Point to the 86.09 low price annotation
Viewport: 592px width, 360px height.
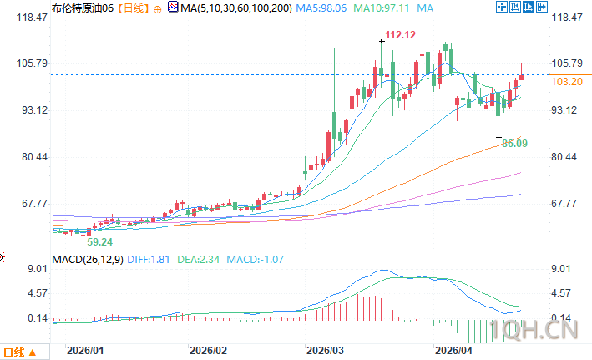click(x=516, y=144)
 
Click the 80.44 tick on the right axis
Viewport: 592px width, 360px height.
click(x=566, y=157)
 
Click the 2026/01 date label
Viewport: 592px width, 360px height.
click(x=86, y=352)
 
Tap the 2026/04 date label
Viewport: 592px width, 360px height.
click(x=456, y=352)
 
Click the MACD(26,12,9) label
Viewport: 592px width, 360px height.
click(x=88, y=259)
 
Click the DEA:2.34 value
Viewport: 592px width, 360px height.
click(x=201, y=259)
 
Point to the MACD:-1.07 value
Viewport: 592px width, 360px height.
click(x=255, y=259)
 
